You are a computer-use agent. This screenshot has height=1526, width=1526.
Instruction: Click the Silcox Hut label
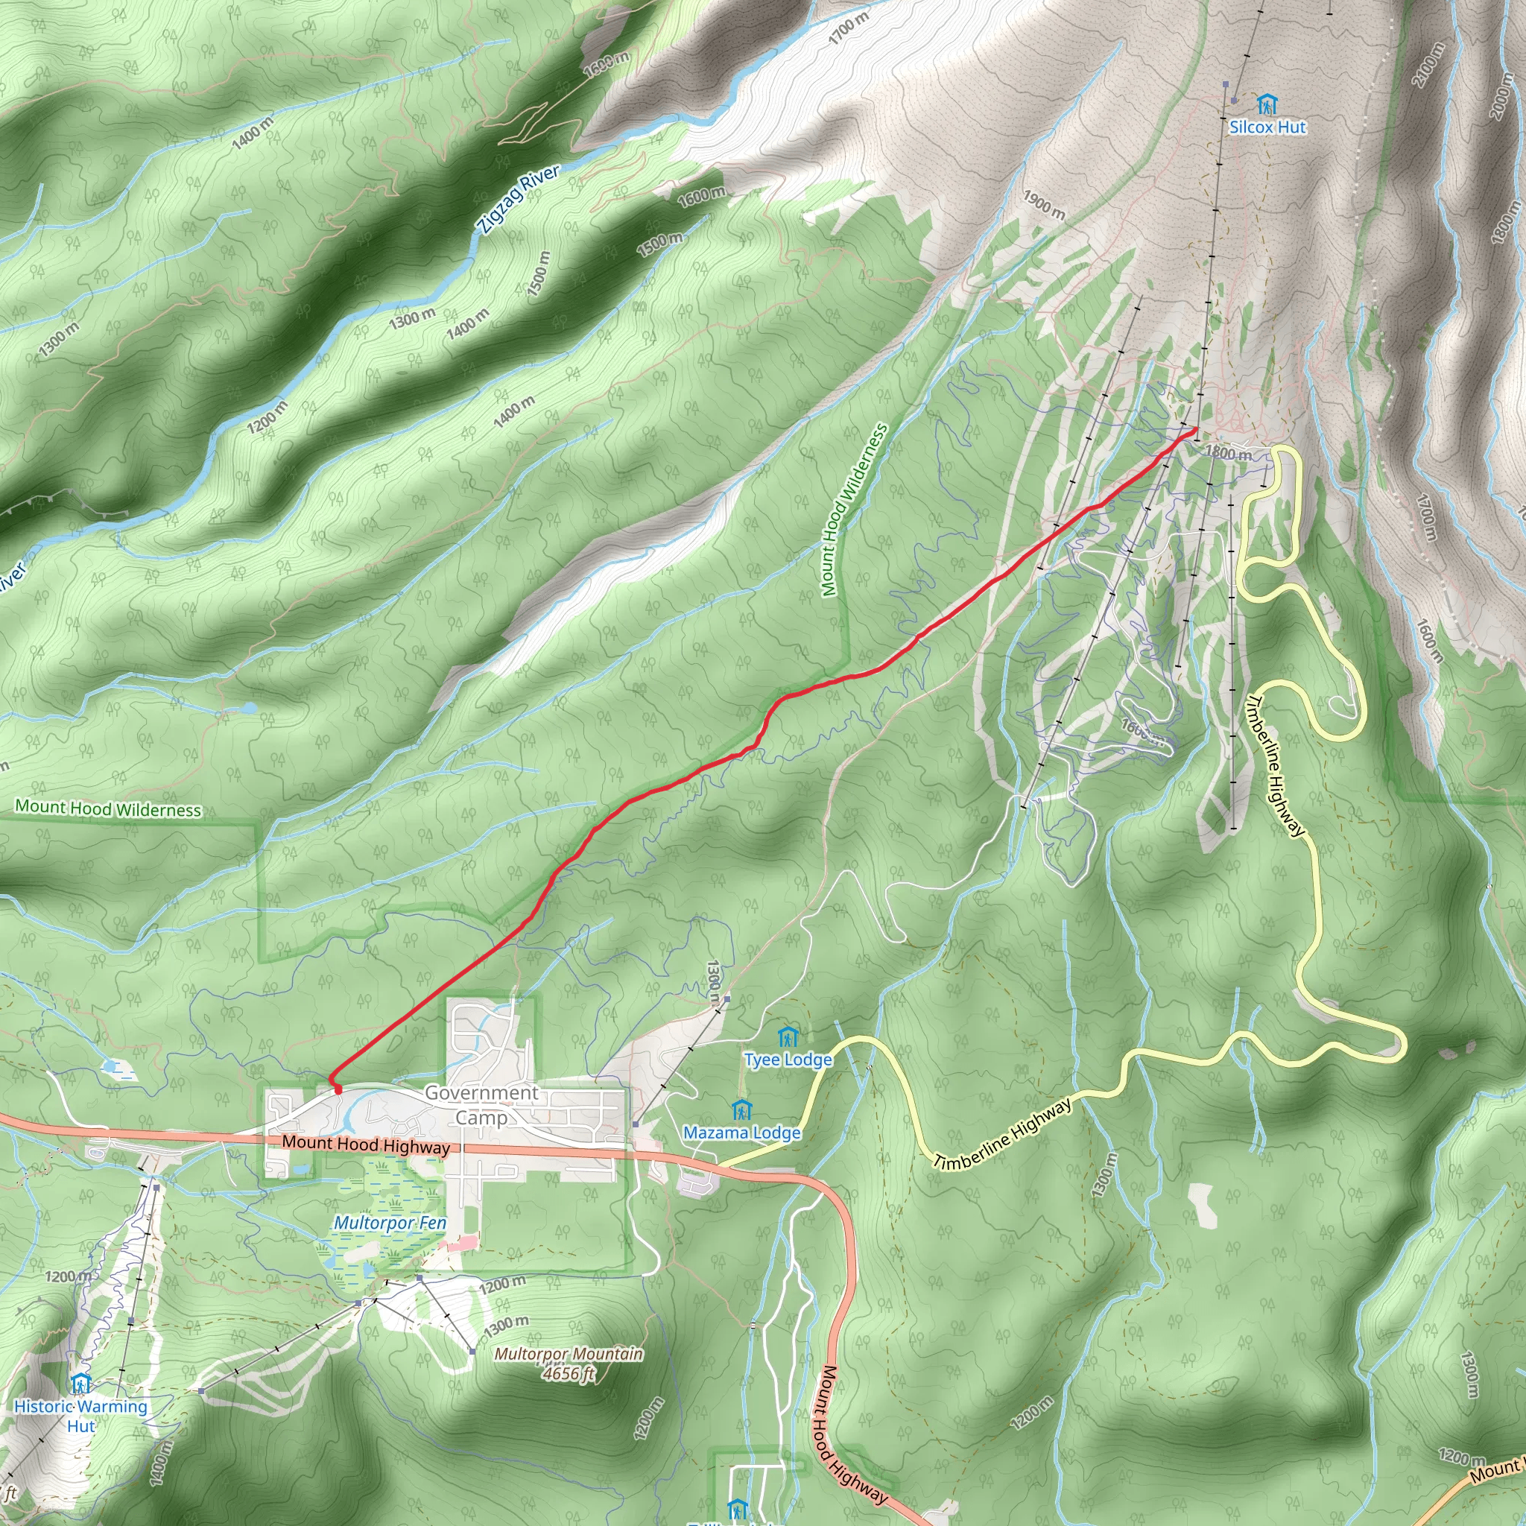[x=1267, y=127]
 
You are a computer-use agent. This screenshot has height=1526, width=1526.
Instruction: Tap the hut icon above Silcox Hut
[x=1267, y=104]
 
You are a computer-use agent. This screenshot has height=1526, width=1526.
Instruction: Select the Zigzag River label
[x=518, y=200]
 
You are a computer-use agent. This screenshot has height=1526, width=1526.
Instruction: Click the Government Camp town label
[x=481, y=1105]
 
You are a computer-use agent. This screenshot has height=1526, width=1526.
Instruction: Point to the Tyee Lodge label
[x=788, y=1060]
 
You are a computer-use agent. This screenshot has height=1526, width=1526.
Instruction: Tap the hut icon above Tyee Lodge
[x=788, y=1036]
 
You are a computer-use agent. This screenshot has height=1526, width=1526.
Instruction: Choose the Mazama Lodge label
[x=741, y=1133]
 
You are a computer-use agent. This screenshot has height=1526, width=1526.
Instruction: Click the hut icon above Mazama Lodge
[x=741, y=1110]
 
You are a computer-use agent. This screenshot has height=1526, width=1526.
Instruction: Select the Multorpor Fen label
[x=390, y=1223]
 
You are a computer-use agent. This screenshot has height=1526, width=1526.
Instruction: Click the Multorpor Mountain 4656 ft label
[x=569, y=1364]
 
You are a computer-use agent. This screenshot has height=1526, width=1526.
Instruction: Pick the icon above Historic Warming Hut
[x=80, y=1384]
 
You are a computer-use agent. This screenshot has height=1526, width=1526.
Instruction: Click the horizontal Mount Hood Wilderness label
[x=108, y=808]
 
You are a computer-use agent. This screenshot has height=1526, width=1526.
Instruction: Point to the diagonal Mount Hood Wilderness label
[x=854, y=510]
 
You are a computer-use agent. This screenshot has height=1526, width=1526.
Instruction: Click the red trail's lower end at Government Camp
[x=339, y=1091]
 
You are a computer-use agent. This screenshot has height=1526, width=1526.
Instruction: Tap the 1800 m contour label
[x=1228, y=453]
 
